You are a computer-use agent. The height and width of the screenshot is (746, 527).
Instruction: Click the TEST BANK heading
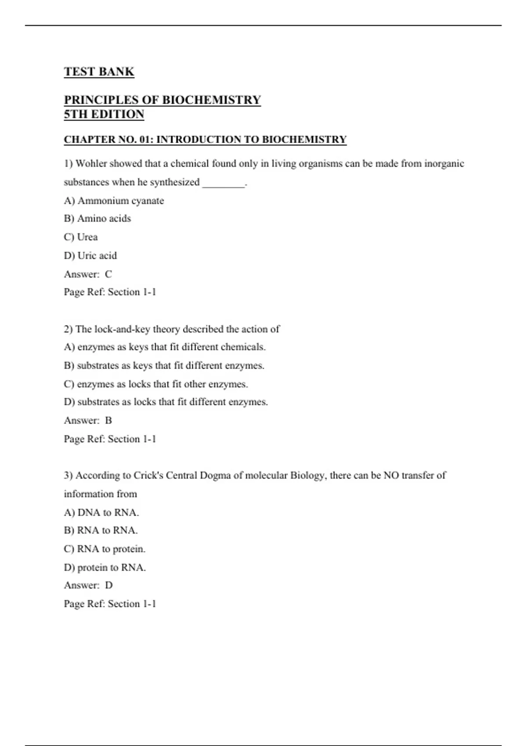99,72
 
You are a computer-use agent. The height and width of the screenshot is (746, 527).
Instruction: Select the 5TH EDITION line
104,114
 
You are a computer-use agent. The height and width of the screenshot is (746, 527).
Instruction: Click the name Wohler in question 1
91,164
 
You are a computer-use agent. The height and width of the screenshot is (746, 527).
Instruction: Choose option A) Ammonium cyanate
114,201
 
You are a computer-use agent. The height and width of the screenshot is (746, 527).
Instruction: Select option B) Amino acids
97,219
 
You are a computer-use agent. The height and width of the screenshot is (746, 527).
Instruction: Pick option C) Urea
81,237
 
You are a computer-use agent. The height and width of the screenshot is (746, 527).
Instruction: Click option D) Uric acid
90,255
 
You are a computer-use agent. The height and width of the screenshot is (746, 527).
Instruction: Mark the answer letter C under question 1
108,274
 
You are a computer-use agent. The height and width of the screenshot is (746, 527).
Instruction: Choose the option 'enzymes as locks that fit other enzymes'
156,384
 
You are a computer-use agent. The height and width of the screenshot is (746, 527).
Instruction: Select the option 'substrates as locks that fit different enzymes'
166,402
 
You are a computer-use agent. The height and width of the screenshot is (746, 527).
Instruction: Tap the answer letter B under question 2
108,420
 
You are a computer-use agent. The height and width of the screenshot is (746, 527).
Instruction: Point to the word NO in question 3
391,475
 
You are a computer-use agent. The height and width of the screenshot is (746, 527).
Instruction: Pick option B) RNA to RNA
101,531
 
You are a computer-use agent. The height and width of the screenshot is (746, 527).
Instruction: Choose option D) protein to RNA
105,567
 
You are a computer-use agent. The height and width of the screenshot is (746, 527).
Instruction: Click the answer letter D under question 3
109,585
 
